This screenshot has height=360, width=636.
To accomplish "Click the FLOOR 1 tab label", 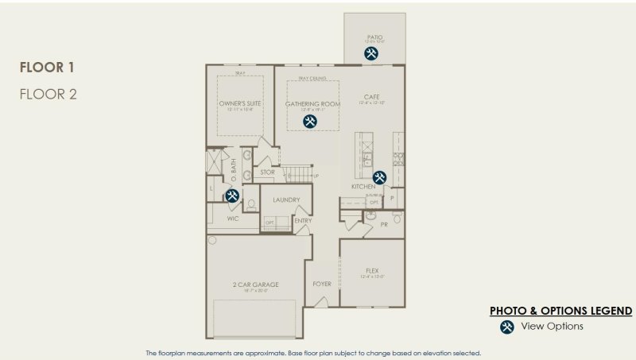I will coord(47,67).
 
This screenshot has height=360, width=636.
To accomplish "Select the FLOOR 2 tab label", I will coord(48,94).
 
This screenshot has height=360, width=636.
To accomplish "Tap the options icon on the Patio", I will coord(371,53).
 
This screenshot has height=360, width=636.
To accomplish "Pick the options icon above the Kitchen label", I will coord(380,177).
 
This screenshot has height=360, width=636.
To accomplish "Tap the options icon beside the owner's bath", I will coord(232,195).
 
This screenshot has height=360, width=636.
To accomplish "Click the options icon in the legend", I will coord(506,327).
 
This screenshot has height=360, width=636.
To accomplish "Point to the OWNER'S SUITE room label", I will coord(241,104).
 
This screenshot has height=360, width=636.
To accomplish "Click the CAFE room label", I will coord(371,96).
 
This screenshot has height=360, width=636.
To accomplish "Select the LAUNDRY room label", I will coord(285,200).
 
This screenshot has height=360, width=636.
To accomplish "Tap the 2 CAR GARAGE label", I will coord(256,285).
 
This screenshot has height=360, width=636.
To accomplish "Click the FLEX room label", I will coord(371,270).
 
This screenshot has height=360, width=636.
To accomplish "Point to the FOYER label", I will coord(321,284).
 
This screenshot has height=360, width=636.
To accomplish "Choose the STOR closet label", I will coord(268,172).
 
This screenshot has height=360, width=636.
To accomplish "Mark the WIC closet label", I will coord(233,218).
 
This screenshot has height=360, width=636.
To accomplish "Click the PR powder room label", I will coord(384,225).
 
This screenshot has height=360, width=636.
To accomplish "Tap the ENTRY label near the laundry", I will coord(303,221).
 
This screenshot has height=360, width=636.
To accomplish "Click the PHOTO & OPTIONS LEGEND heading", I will coord(560,311).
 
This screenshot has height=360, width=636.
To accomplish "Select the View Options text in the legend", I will coord(552,327).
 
